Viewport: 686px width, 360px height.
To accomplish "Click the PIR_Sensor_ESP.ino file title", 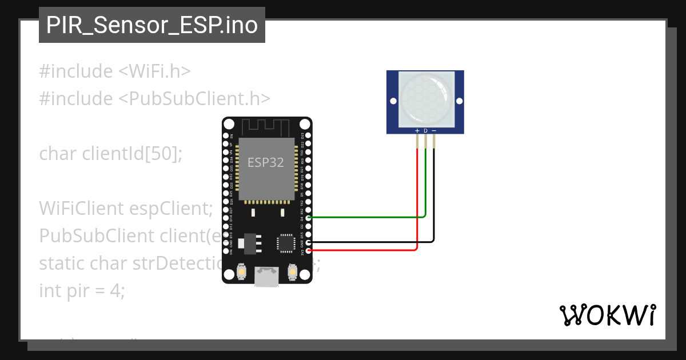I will [x=151, y=25].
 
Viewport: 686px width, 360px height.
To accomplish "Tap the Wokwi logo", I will [x=608, y=315].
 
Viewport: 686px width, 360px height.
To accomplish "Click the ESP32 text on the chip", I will [x=265, y=162].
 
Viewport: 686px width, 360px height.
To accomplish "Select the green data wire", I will [x=366, y=217].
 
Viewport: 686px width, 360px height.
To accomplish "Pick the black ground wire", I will [x=372, y=242].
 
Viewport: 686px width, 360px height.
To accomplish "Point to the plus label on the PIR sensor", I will [x=417, y=131].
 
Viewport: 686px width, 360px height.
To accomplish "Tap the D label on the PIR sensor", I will [x=425, y=131].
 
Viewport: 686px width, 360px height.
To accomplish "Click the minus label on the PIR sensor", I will [x=434, y=131].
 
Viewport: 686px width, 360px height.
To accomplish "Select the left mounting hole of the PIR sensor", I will [x=393, y=101].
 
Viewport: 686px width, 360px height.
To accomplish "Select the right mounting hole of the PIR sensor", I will [x=459, y=101].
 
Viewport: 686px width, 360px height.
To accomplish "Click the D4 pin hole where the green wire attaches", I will [x=309, y=218].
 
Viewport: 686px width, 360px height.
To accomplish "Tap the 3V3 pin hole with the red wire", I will [x=309, y=250].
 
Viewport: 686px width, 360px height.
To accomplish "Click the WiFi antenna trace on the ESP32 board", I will [x=266, y=126].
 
